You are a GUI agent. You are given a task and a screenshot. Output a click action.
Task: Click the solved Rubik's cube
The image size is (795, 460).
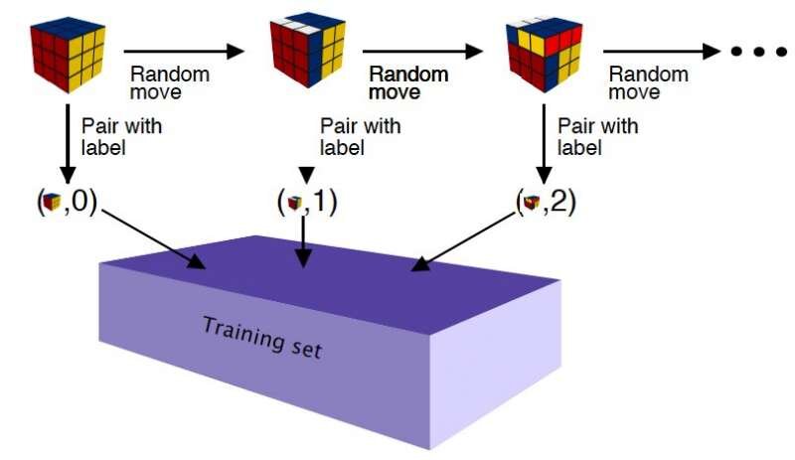(68, 56)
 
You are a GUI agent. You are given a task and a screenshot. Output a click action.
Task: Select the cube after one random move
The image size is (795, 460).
(307, 52)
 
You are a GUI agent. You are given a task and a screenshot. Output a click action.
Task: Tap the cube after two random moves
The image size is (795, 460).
(544, 55)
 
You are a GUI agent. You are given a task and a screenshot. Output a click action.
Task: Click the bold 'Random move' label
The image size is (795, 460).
(408, 83)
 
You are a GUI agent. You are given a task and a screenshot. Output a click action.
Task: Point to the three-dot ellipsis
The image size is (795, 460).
(758, 52)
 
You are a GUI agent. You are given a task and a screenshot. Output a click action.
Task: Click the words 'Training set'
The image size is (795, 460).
(262, 337)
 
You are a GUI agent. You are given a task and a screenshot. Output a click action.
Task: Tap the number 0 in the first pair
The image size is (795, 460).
(80, 202)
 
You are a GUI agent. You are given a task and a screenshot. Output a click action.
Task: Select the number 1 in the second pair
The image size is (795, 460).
(319, 202)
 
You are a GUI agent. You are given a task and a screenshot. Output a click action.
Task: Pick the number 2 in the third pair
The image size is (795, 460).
(558, 202)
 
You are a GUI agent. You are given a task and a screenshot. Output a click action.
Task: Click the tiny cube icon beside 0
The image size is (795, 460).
(52, 203)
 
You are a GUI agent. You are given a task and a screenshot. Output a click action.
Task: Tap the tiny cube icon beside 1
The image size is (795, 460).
(294, 203)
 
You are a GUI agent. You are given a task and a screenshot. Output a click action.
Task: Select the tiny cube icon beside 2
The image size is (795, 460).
(532, 203)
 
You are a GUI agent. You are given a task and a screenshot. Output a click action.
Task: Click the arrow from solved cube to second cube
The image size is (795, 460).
(184, 51)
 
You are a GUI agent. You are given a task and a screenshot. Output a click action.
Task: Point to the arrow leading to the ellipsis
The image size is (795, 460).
(662, 51)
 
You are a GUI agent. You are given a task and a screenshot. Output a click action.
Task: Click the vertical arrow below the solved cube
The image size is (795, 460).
(67, 143)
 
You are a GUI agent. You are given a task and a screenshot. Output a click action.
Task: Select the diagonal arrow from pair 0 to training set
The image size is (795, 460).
(154, 238)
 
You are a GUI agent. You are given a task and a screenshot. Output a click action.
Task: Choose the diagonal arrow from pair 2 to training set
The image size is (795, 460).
(463, 241)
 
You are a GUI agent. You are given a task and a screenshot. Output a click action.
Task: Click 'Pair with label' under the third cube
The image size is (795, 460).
(598, 136)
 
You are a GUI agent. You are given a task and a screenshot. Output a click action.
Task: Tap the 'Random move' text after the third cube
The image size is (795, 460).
(649, 83)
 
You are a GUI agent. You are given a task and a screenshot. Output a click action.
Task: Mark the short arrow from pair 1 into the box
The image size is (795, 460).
(303, 241)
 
